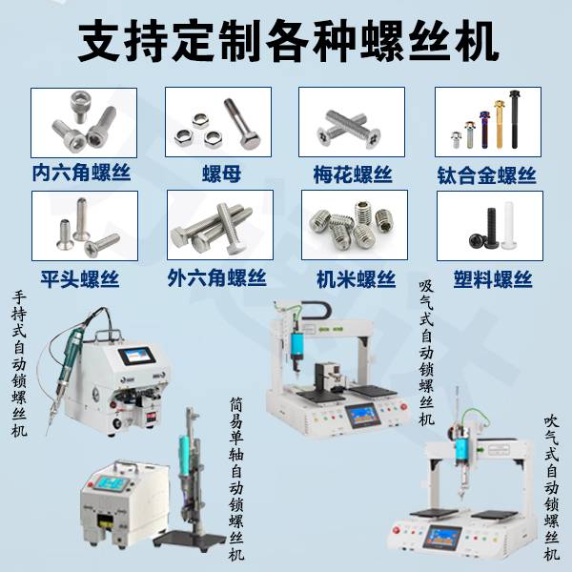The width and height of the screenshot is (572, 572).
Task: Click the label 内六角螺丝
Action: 81,173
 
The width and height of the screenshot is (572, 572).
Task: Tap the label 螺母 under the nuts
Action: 221,174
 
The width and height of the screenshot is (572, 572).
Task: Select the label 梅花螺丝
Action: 353,174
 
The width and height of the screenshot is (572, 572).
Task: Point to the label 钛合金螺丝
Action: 486,175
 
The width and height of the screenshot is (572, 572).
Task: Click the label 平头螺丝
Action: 80,279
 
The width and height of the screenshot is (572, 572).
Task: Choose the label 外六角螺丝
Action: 216,278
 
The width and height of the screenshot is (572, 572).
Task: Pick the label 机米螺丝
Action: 356,279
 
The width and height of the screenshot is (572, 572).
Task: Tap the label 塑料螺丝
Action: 493,279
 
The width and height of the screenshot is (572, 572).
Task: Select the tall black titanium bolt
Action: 515,119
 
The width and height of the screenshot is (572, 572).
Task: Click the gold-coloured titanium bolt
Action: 499,124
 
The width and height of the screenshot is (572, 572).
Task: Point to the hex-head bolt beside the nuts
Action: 242,123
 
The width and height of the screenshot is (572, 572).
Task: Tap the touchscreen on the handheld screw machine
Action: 136,356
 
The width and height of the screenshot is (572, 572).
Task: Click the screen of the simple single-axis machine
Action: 107,484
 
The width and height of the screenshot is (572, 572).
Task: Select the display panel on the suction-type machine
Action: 363,416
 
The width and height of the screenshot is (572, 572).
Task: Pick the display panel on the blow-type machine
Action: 441,538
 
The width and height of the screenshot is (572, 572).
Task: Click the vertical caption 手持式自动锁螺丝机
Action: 19,364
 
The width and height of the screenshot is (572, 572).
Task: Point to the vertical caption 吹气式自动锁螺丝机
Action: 552,488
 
